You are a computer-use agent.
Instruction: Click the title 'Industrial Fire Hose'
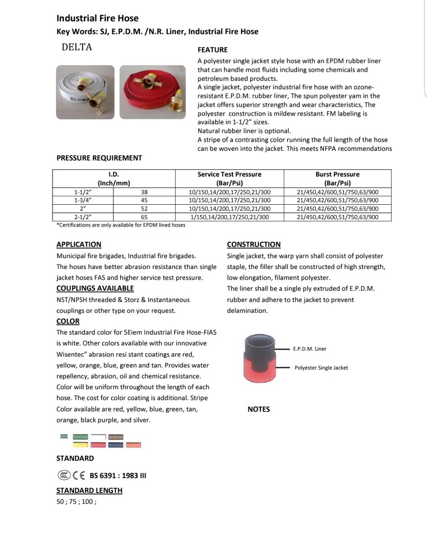[97, 18]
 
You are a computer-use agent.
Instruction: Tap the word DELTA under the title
[76, 47]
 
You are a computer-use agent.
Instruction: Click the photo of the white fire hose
[85, 92]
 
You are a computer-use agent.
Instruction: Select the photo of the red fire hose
[153, 92]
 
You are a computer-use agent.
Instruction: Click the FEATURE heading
[212, 50]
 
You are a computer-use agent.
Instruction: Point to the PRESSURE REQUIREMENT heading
[99, 158]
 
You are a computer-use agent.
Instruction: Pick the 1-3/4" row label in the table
[83, 200]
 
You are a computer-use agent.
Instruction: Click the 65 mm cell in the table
[144, 217]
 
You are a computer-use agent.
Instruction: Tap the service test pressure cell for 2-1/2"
[229, 217]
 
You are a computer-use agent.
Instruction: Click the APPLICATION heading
[79, 245]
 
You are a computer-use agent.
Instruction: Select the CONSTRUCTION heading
[254, 245]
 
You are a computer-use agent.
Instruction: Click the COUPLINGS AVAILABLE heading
[95, 288]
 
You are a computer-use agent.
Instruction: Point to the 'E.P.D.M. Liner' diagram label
[310, 349]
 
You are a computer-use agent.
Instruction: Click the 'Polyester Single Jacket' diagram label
[321, 368]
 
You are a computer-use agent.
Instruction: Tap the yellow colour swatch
[80, 445]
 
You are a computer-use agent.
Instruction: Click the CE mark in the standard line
[79, 476]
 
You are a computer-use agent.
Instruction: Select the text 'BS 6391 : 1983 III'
[118, 476]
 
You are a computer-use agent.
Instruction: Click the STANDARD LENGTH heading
[90, 491]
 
